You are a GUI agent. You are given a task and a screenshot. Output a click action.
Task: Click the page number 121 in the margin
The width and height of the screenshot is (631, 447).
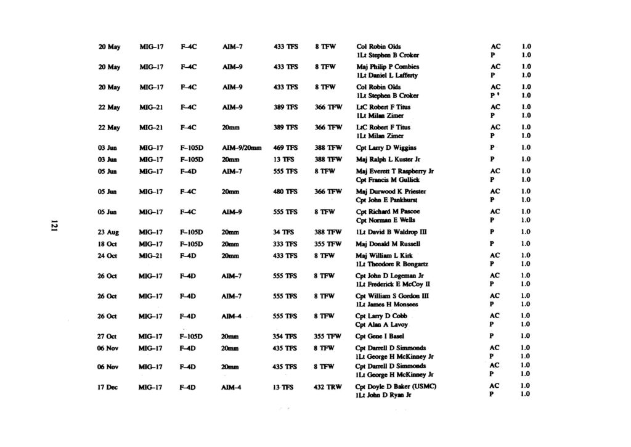click(x=55, y=226)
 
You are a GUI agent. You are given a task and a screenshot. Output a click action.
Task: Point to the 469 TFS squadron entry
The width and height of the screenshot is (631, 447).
click(x=284, y=148)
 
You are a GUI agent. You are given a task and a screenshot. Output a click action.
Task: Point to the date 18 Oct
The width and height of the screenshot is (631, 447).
click(x=108, y=244)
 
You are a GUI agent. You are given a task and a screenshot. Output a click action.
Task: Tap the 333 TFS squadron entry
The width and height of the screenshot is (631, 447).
click(x=284, y=244)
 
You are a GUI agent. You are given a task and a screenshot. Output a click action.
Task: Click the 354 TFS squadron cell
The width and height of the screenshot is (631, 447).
click(x=284, y=336)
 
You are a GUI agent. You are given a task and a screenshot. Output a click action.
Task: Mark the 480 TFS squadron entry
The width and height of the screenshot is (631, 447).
click(x=284, y=191)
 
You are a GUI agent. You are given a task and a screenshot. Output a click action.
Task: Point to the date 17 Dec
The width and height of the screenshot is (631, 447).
click(x=108, y=387)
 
